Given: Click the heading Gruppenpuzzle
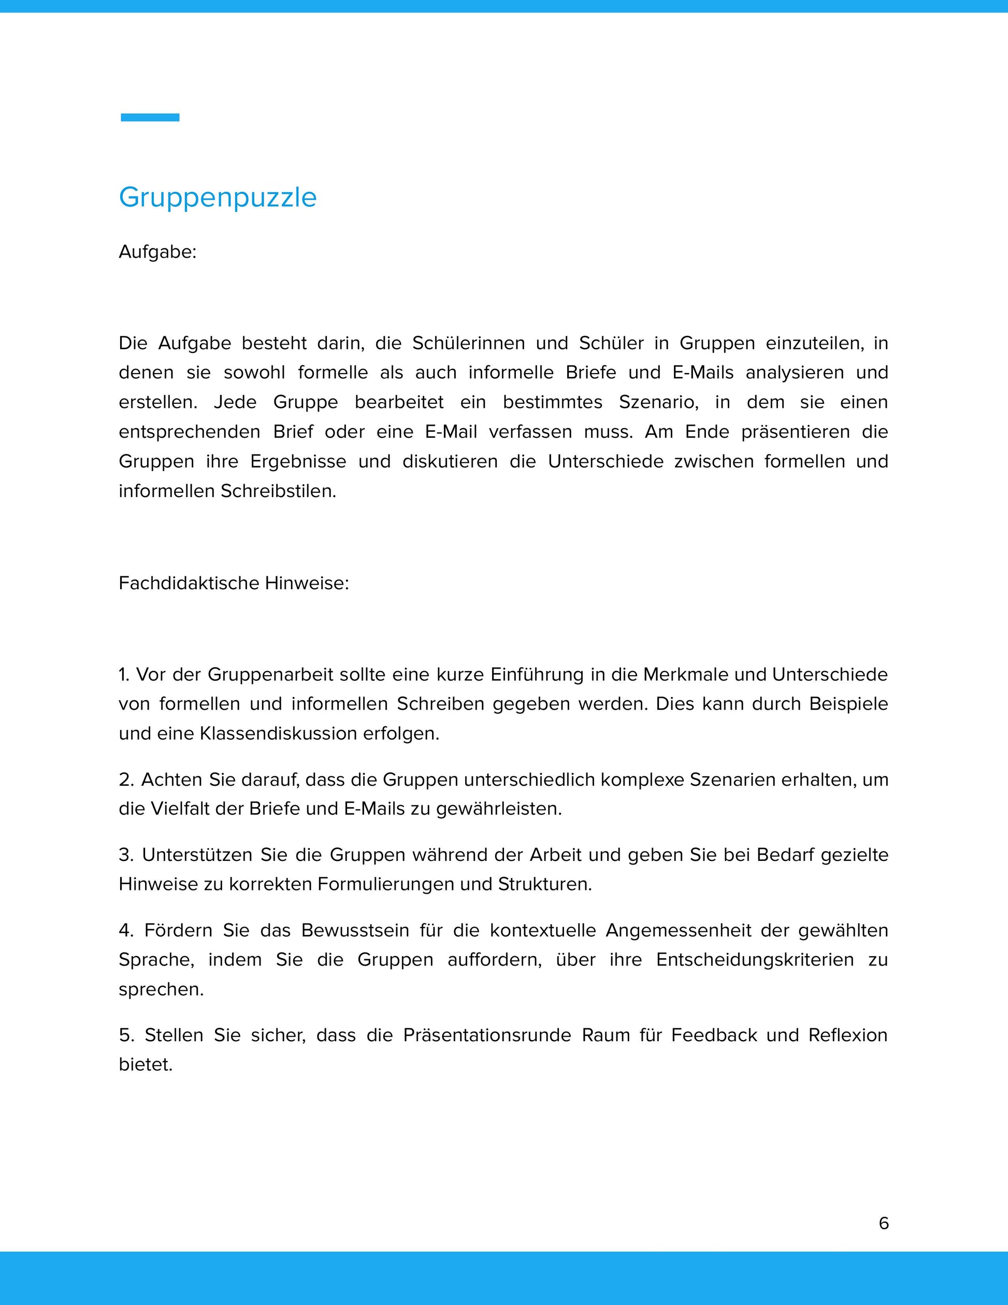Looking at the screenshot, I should pyautogui.click(x=218, y=197).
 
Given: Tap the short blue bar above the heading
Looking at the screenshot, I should pyautogui.click(x=150, y=118).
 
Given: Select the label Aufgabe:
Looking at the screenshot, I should pyautogui.click(x=157, y=252).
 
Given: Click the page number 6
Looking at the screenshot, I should pyautogui.click(x=884, y=1223).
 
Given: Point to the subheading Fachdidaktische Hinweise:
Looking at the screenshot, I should pyautogui.click(x=234, y=583).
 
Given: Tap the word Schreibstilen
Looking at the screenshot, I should pyautogui.click(x=278, y=491).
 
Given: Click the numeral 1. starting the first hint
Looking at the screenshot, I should pyautogui.click(x=124, y=675).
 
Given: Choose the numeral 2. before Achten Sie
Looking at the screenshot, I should pyautogui.click(x=125, y=780).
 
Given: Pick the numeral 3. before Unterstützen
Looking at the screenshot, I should pyautogui.click(x=125, y=855).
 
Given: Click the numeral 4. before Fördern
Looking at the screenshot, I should pyautogui.click(x=125, y=930).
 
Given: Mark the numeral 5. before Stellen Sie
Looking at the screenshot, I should pyautogui.click(x=125, y=1035).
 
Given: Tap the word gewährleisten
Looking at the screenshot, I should pyautogui.click(x=499, y=809).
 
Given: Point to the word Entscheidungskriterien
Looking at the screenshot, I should pyautogui.click(x=755, y=960).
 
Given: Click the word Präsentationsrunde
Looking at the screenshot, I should pyautogui.click(x=487, y=1035).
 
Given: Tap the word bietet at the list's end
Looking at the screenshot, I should pyautogui.click(x=145, y=1064).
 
